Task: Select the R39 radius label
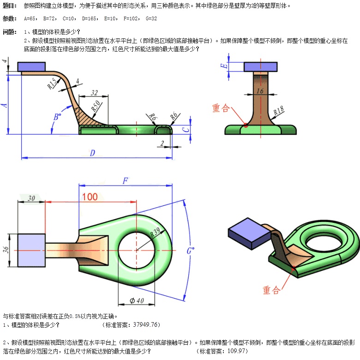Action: [x=155, y=234]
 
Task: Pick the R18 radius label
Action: [x=278, y=111]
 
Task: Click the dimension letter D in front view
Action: [x=92, y=152]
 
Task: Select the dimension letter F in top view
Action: [x=125, y=180]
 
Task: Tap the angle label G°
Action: [x=190, y=251]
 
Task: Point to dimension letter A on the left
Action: [x=5, y=105]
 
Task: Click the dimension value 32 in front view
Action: [x=94, y=92]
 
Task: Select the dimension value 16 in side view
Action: [x=260, y=91]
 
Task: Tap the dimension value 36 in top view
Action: [x=6, y=250]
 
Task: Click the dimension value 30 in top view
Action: [x=31, y=198]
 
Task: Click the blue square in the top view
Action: [x=31, y=250]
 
